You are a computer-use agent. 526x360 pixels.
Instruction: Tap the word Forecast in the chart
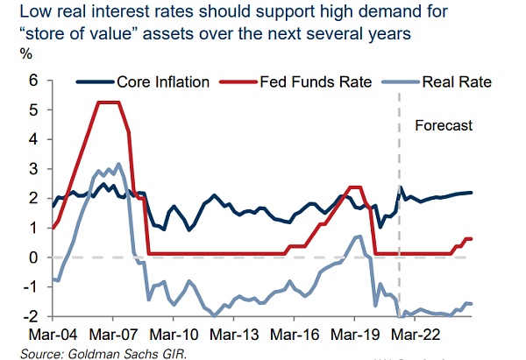[444, 125]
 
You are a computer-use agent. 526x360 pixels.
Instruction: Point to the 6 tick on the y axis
[34, 81]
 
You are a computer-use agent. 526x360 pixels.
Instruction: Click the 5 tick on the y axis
[34, 110]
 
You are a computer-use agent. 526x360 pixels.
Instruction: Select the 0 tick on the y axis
[34, 258]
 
